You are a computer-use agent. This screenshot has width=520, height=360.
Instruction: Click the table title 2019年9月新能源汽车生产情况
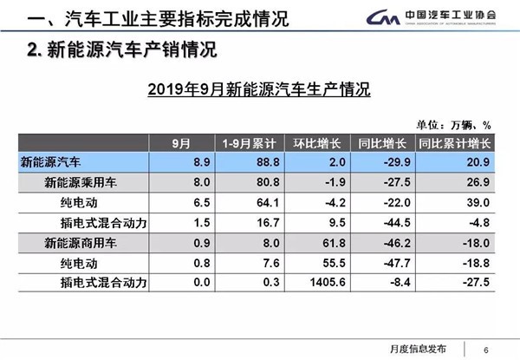coord(260,89)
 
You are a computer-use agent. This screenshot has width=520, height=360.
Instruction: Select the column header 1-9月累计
coord(244,143)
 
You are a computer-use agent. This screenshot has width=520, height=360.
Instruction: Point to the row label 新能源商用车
coord(79,242)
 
